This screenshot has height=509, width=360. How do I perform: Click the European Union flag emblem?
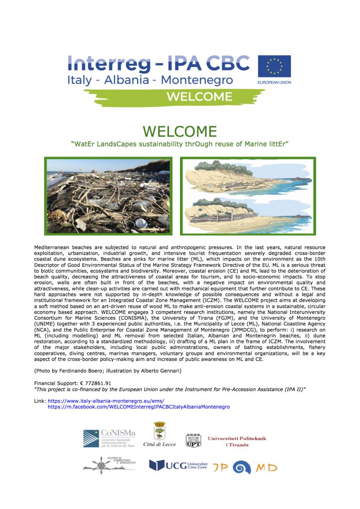point(274,66)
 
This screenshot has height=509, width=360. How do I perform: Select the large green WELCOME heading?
point(180,132)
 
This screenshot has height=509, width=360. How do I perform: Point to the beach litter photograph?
point(108,196)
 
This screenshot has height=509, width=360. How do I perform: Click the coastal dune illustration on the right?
point(248,196)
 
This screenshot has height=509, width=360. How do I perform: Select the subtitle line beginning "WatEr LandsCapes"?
point(180,145)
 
